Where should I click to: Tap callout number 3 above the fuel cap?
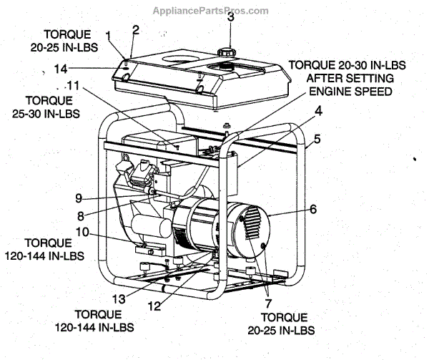[230, 17]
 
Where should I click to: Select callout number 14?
[61, 69]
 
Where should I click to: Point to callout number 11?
[74, 85]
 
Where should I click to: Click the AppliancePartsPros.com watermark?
[211, 10]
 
